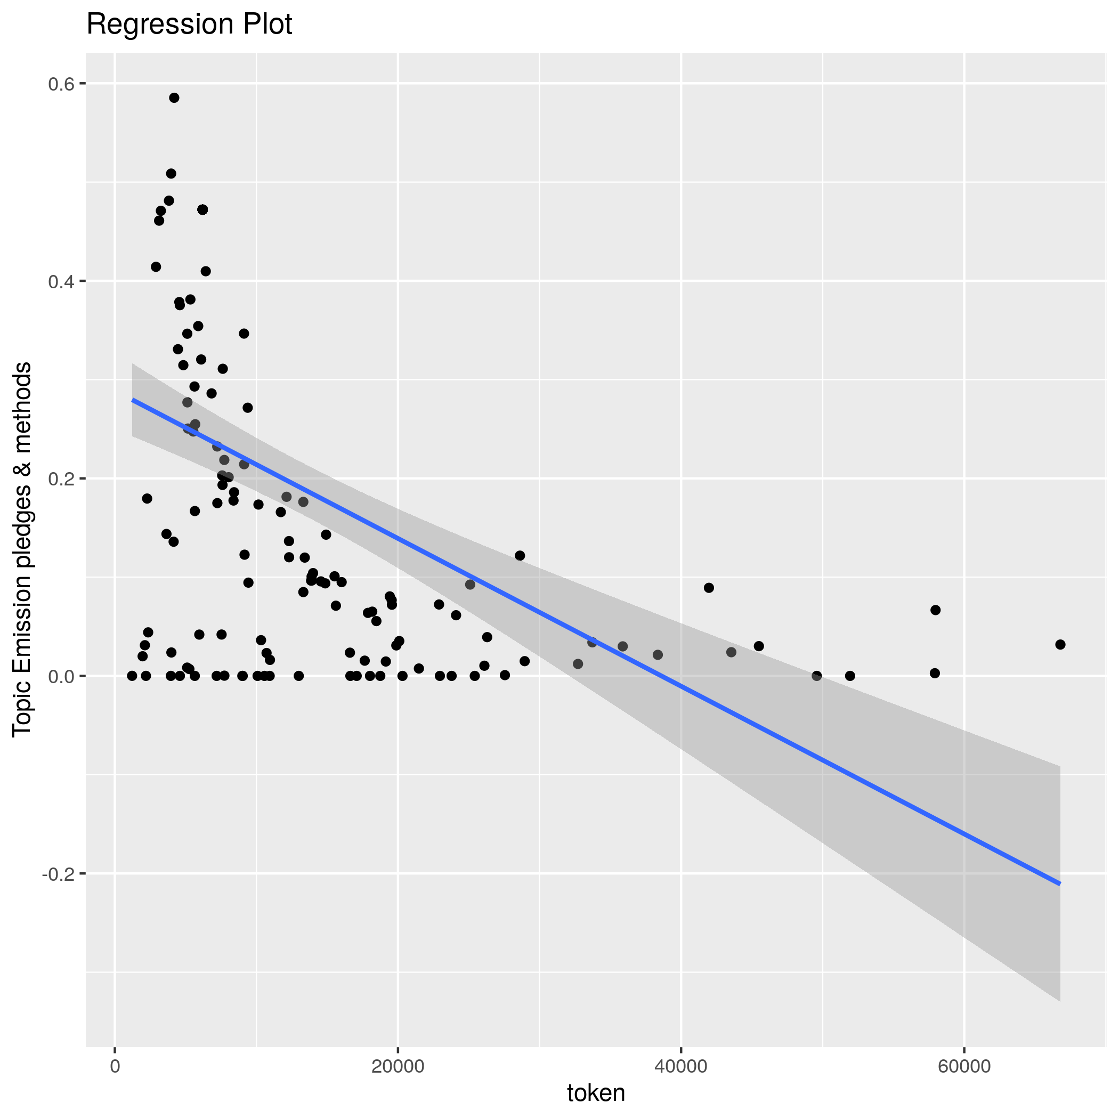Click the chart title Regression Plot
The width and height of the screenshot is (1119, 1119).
click(189, 25)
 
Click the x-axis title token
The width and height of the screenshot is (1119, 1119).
click(596, 1093)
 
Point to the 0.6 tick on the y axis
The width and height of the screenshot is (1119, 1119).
click(61, 84)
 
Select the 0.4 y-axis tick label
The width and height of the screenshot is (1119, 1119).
click(61, 281)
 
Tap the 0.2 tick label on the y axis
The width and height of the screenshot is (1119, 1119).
click(61, 479)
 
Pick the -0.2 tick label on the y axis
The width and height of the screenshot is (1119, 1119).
click(59, 874)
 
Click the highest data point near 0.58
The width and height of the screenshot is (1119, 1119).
click(174, 98)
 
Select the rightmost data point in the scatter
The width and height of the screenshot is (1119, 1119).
click(1060, 645)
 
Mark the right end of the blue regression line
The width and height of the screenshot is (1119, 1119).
click(1060, 884)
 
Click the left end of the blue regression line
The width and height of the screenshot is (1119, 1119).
click(133, 400)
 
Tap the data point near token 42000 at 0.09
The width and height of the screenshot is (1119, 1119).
click(709, 588)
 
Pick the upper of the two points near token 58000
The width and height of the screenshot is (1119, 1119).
click(935, 610)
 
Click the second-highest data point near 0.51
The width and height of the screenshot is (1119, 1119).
click(171, 174)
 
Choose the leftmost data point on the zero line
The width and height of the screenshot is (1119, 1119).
click(132, 676)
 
